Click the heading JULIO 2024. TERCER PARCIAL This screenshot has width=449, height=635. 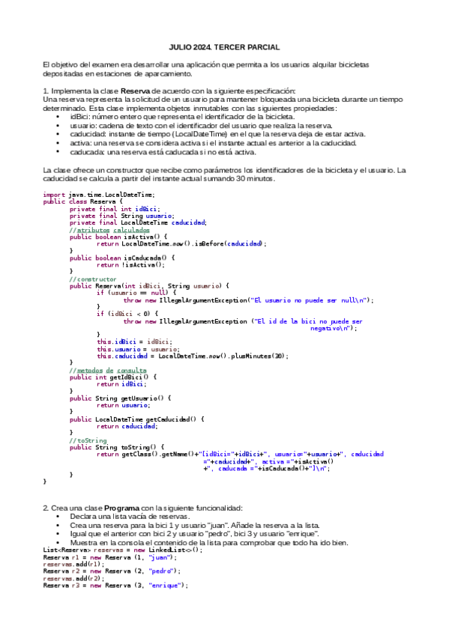[x=224, y=46]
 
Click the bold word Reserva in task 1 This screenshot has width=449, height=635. [x=136, y=91]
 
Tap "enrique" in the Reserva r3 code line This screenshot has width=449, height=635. [x=167, y=585]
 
